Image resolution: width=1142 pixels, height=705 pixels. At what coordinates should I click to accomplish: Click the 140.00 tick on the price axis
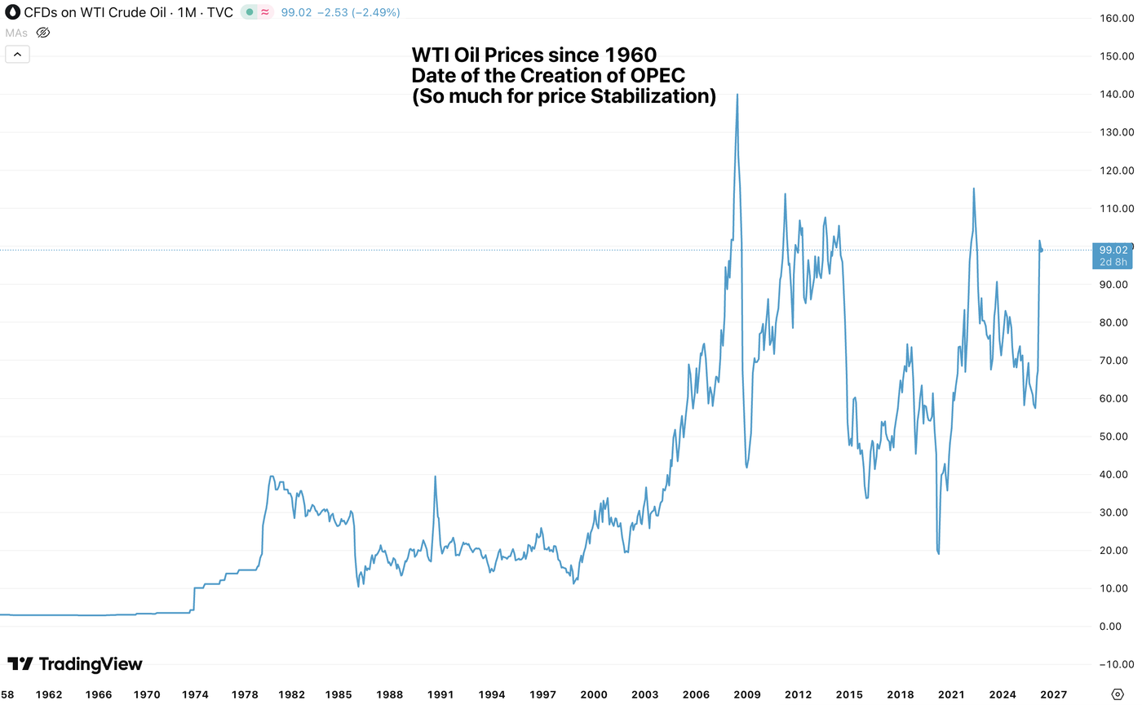[1112, 94]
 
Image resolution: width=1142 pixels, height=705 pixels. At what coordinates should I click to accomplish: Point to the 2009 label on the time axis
[747, 694]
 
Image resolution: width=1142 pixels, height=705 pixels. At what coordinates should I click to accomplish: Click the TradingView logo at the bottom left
[75, 664]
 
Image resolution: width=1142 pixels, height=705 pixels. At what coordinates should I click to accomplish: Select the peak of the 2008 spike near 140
[737, 94]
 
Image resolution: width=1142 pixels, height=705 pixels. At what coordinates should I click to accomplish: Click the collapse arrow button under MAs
[18, 55]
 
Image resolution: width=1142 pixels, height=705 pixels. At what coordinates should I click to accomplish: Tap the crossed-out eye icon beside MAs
[44, 33]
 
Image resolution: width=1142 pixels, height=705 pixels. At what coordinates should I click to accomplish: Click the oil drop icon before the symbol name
[13, 12]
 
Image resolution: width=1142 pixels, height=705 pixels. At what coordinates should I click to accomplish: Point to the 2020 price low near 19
[939, 554]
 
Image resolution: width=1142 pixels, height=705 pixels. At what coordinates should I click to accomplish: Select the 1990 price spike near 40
[435, 477]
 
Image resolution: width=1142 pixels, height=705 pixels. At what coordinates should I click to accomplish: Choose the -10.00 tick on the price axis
[1112, 664]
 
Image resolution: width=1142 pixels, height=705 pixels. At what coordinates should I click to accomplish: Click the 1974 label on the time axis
[195, 694]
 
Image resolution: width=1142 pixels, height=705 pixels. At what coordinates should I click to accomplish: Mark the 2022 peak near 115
[973, 188]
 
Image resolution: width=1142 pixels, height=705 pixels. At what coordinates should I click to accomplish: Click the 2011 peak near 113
[785, 194]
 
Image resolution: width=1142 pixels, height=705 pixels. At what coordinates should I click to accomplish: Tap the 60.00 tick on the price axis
[1112, 398]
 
